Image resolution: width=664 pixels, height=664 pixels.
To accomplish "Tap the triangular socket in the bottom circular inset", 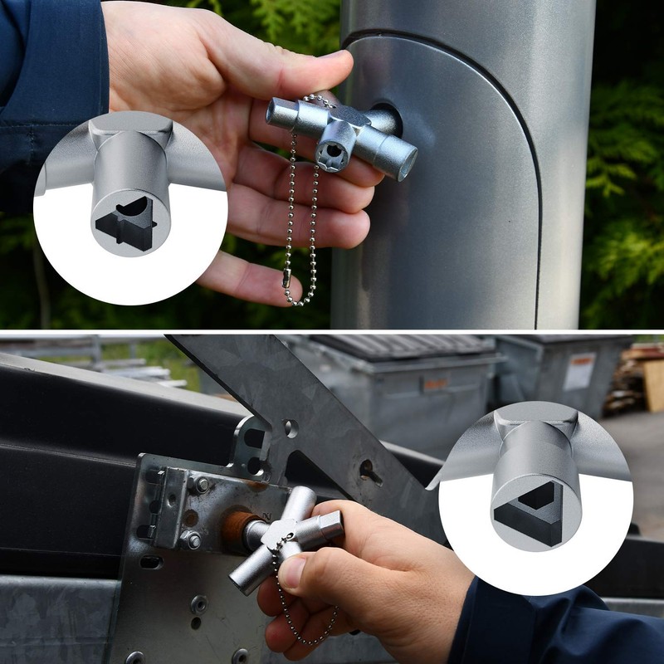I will point(529,507).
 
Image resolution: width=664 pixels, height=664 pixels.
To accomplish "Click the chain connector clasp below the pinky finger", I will point(286,282).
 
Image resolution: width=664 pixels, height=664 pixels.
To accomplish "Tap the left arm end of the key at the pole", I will point(277,113).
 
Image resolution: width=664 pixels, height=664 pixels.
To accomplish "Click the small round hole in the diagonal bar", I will point(290,428).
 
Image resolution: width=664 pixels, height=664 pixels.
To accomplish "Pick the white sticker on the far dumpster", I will point(579,371).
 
